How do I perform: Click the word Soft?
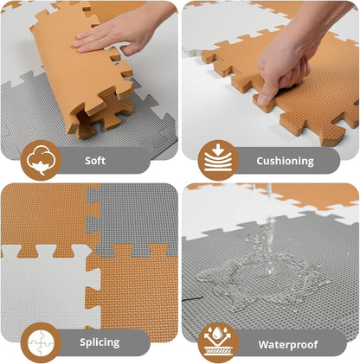[96, 161]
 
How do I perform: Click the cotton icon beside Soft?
[41, 160]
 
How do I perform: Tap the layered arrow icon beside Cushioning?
[218, 160]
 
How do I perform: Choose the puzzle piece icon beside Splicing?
[41, 342]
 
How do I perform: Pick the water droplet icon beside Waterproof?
[218, 342]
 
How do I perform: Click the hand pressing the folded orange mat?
[117, 30]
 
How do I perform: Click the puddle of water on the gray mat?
[251, 272]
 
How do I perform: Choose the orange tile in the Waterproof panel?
[320, 196]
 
